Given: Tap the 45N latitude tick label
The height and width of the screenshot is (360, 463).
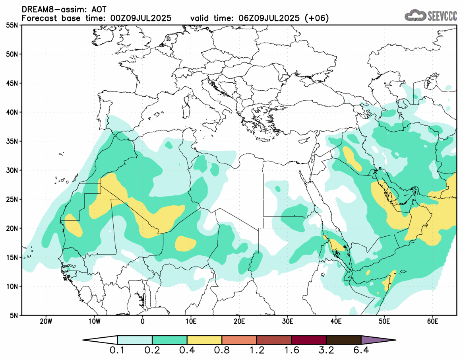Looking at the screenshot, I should [x=13, y=83].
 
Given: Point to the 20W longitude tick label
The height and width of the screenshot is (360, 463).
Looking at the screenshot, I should [x=46, y=321].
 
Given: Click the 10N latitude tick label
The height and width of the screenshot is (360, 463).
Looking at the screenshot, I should [x=13, y=286].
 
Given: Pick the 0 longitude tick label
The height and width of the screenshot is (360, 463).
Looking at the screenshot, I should [x=143, y=321].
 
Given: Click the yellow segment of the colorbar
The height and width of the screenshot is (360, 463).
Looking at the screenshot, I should [x=204, y=340].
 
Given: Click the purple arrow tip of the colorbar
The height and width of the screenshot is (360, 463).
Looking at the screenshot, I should [x=378, y=340].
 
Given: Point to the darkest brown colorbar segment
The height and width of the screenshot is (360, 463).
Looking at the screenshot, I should [x=343, y=340].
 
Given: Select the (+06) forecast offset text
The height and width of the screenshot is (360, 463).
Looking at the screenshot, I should [x=316, y=18].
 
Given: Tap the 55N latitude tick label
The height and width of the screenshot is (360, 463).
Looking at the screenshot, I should [x=13, y=25].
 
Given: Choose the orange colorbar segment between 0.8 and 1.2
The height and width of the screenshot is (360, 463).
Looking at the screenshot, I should [x=239, y=340].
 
